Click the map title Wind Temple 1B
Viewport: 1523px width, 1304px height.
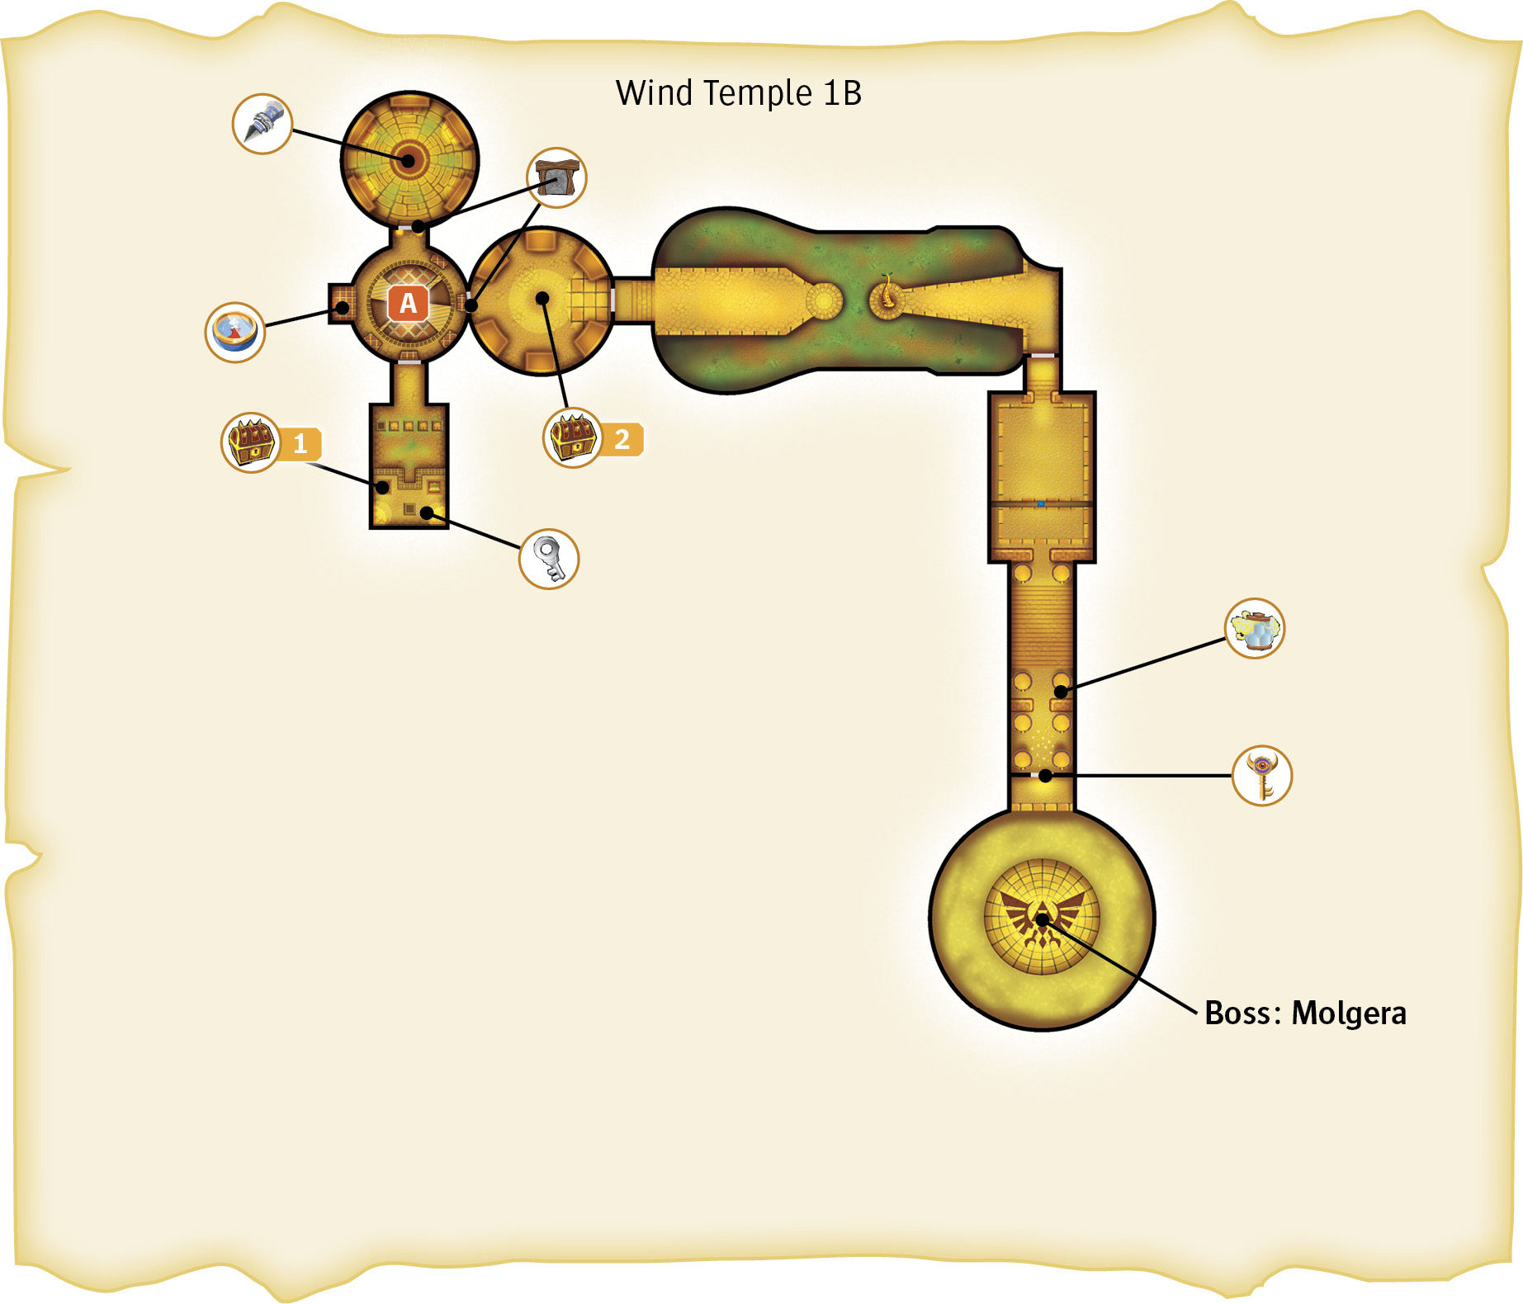tap(739, 93)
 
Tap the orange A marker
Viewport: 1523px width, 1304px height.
tap(409, 304)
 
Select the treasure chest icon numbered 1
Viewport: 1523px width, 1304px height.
tap(251, 442)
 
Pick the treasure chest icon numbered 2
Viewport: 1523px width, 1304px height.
tap(573, 438)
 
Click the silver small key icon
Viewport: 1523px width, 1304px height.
tap(549, 559)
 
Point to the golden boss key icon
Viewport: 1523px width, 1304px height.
tap(1262, 776)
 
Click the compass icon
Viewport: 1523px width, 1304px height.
tap(235, 332)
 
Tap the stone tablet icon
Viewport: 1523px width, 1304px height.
tap(557, 177)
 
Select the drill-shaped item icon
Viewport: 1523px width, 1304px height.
tap(263, 124)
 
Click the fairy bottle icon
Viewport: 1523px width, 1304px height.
tap(1255, 628)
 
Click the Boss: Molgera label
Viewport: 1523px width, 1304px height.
tap(1305, 1013)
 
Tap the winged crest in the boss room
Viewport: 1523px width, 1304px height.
tap(1043, 917)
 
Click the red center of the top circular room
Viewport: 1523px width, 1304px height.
tap(408, 159)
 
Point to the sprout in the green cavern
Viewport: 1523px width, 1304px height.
tap(887, 291)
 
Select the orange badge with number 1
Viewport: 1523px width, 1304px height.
tap(300, 444)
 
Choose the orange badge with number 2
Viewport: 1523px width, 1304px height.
tap(622, 439)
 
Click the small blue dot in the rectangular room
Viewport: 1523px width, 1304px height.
tap(1041, 503)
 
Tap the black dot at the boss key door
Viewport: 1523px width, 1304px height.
tap(1045, 776)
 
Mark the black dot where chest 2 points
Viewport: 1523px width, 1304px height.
tap(542, 298)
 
